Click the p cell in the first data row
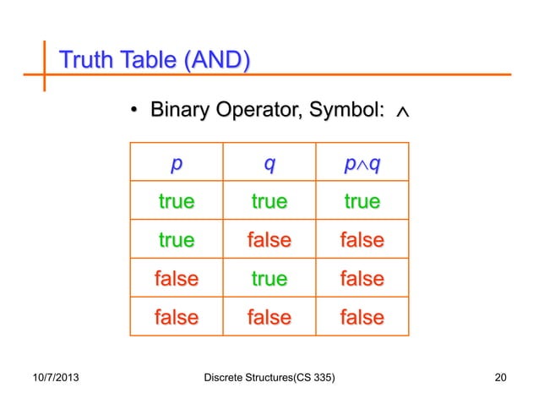tap(176, 202)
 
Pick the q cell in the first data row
tap(269, 202)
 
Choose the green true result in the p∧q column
tap(362, 202)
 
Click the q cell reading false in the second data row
tap(269, 241)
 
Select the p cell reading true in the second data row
tap(176, 241)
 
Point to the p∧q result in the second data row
tap(362, 241)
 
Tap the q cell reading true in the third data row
tap(269, 279)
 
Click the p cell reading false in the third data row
tap(176, 279)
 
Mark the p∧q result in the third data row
tap(362, 279)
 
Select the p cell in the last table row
tap(176, 318)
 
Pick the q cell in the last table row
tap(269, 318)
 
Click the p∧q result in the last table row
tap(362, 318)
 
